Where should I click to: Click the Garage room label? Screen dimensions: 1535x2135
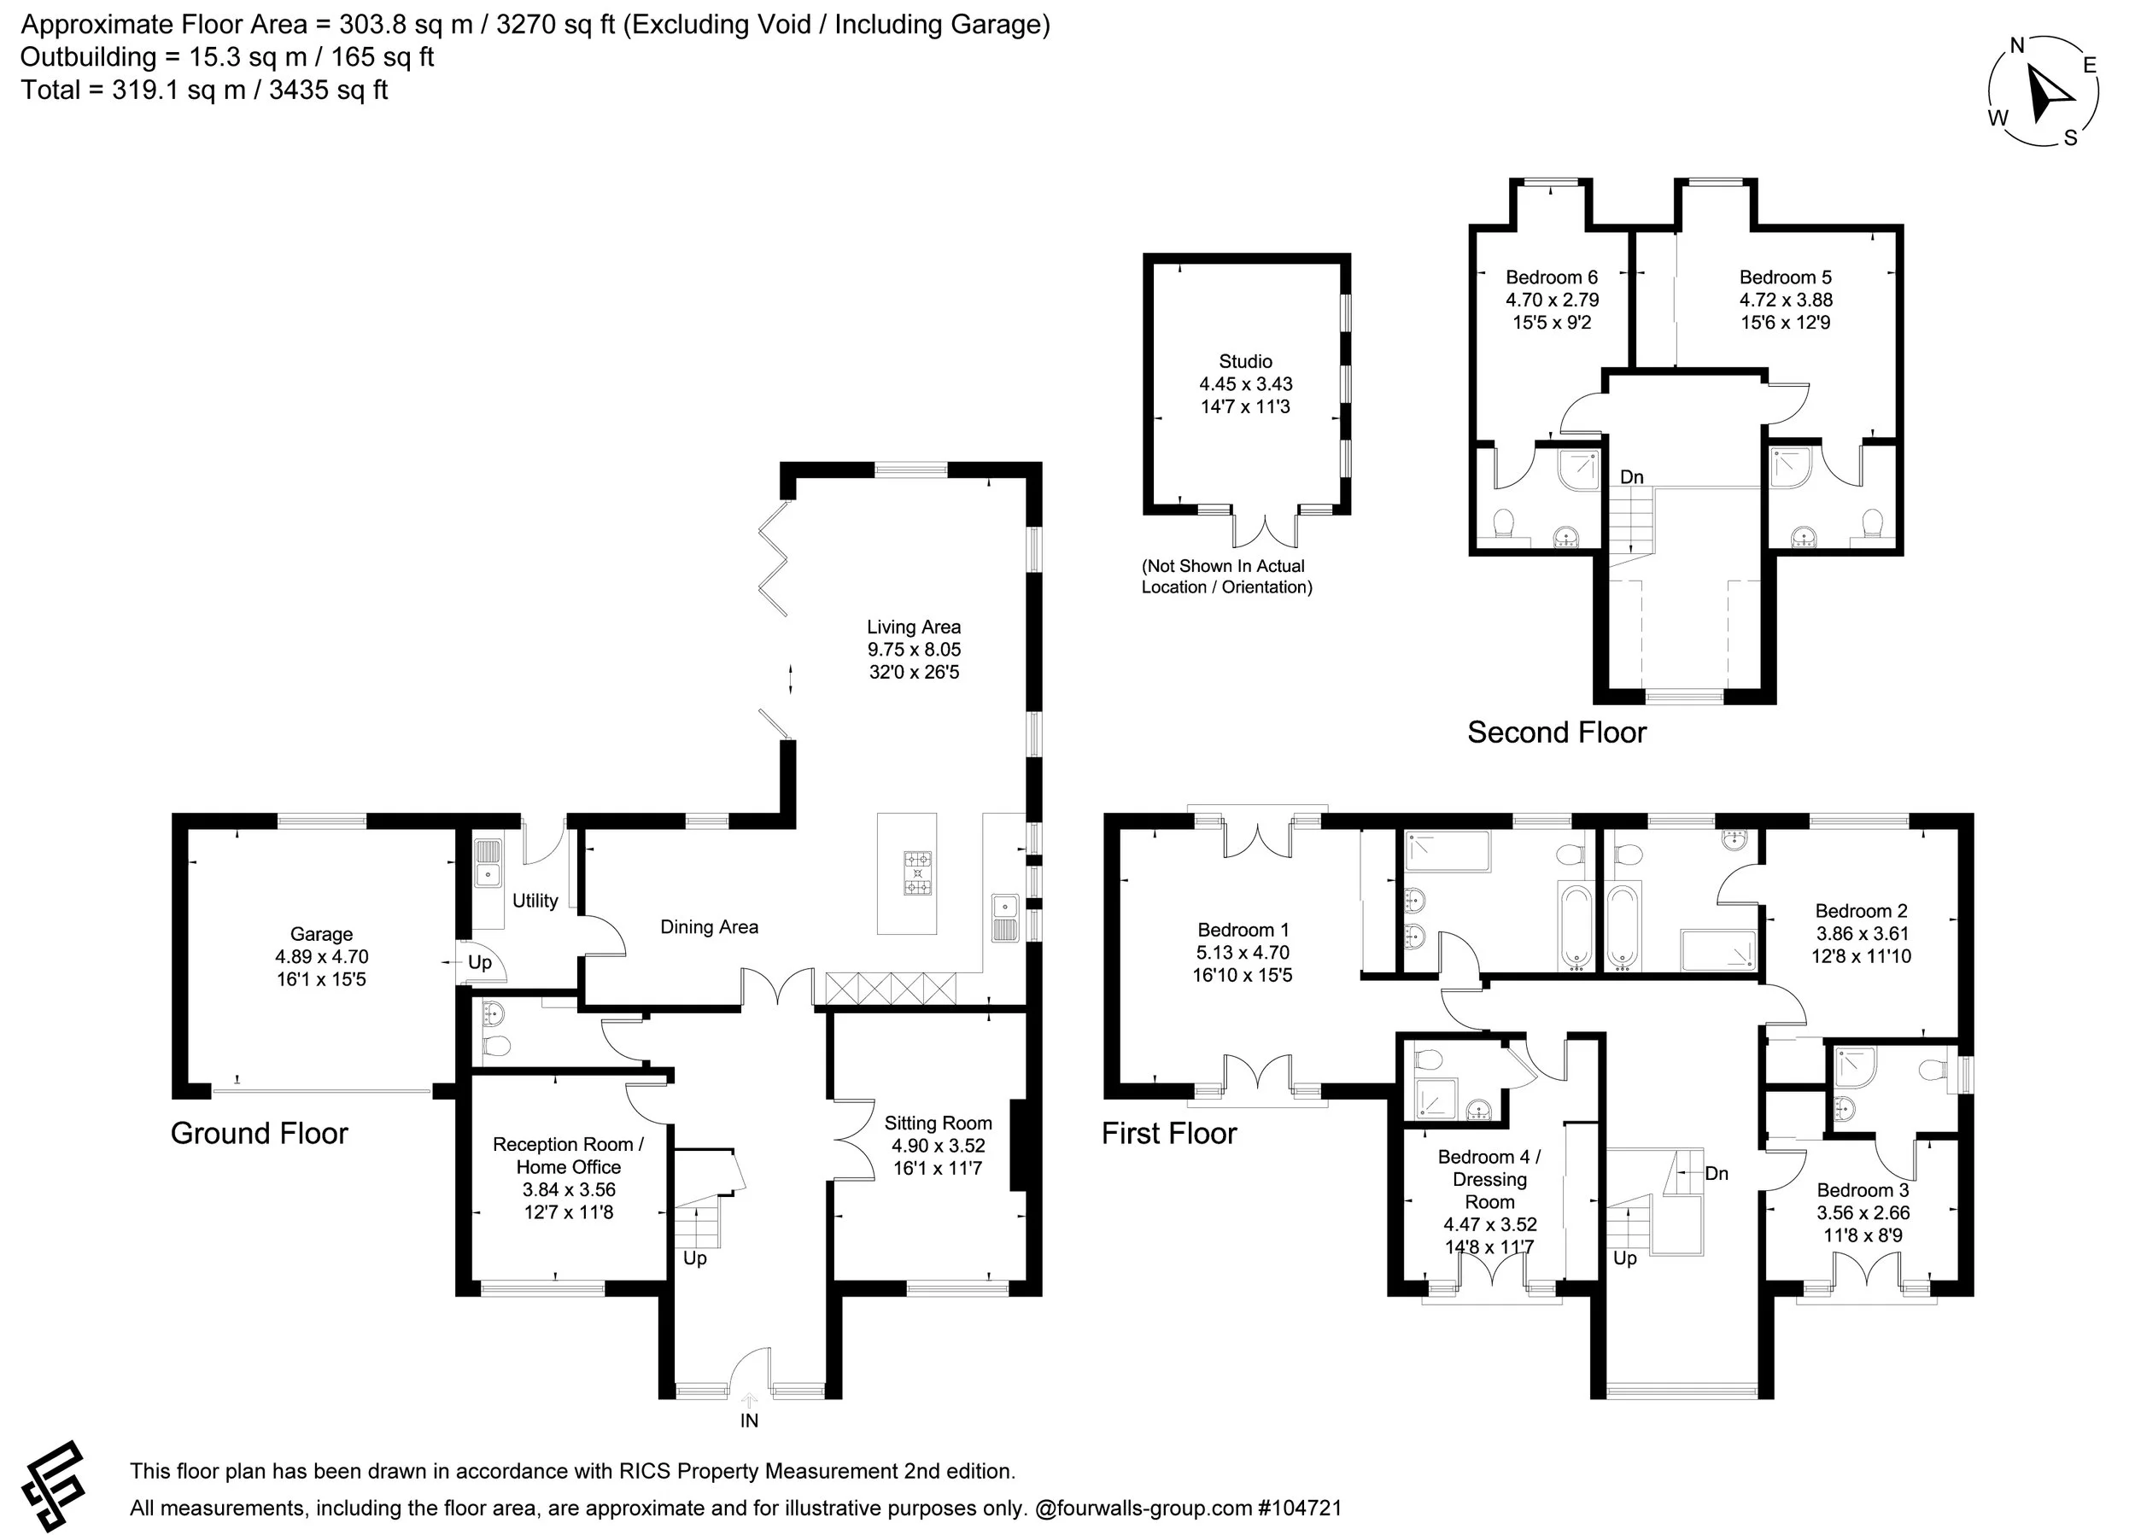click(x=321, y=934)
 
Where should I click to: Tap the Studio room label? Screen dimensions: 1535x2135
click(x=1245, y=361)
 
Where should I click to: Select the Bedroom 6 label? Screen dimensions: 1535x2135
click(x=1552, y=277)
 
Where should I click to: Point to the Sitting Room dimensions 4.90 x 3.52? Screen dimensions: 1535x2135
click(x=938, y=1146)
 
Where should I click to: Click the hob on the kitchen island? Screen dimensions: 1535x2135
click(x=918, y=873)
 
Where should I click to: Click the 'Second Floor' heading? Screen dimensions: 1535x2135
click(x=1556, y=732)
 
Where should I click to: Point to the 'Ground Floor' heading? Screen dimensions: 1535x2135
click(x=259, y=1133)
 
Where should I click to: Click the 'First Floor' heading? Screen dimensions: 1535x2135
click(x=1168, y=1133)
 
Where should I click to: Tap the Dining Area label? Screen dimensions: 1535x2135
click(x=709, y=927)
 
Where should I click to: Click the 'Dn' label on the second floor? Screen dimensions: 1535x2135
click(x=1631, y=477)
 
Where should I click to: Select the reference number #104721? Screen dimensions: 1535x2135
click(x=1299, y=1508)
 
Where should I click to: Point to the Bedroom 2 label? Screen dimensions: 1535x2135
click(x=1861, y=911)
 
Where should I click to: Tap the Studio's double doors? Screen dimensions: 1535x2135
click(x=1267, y=531)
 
